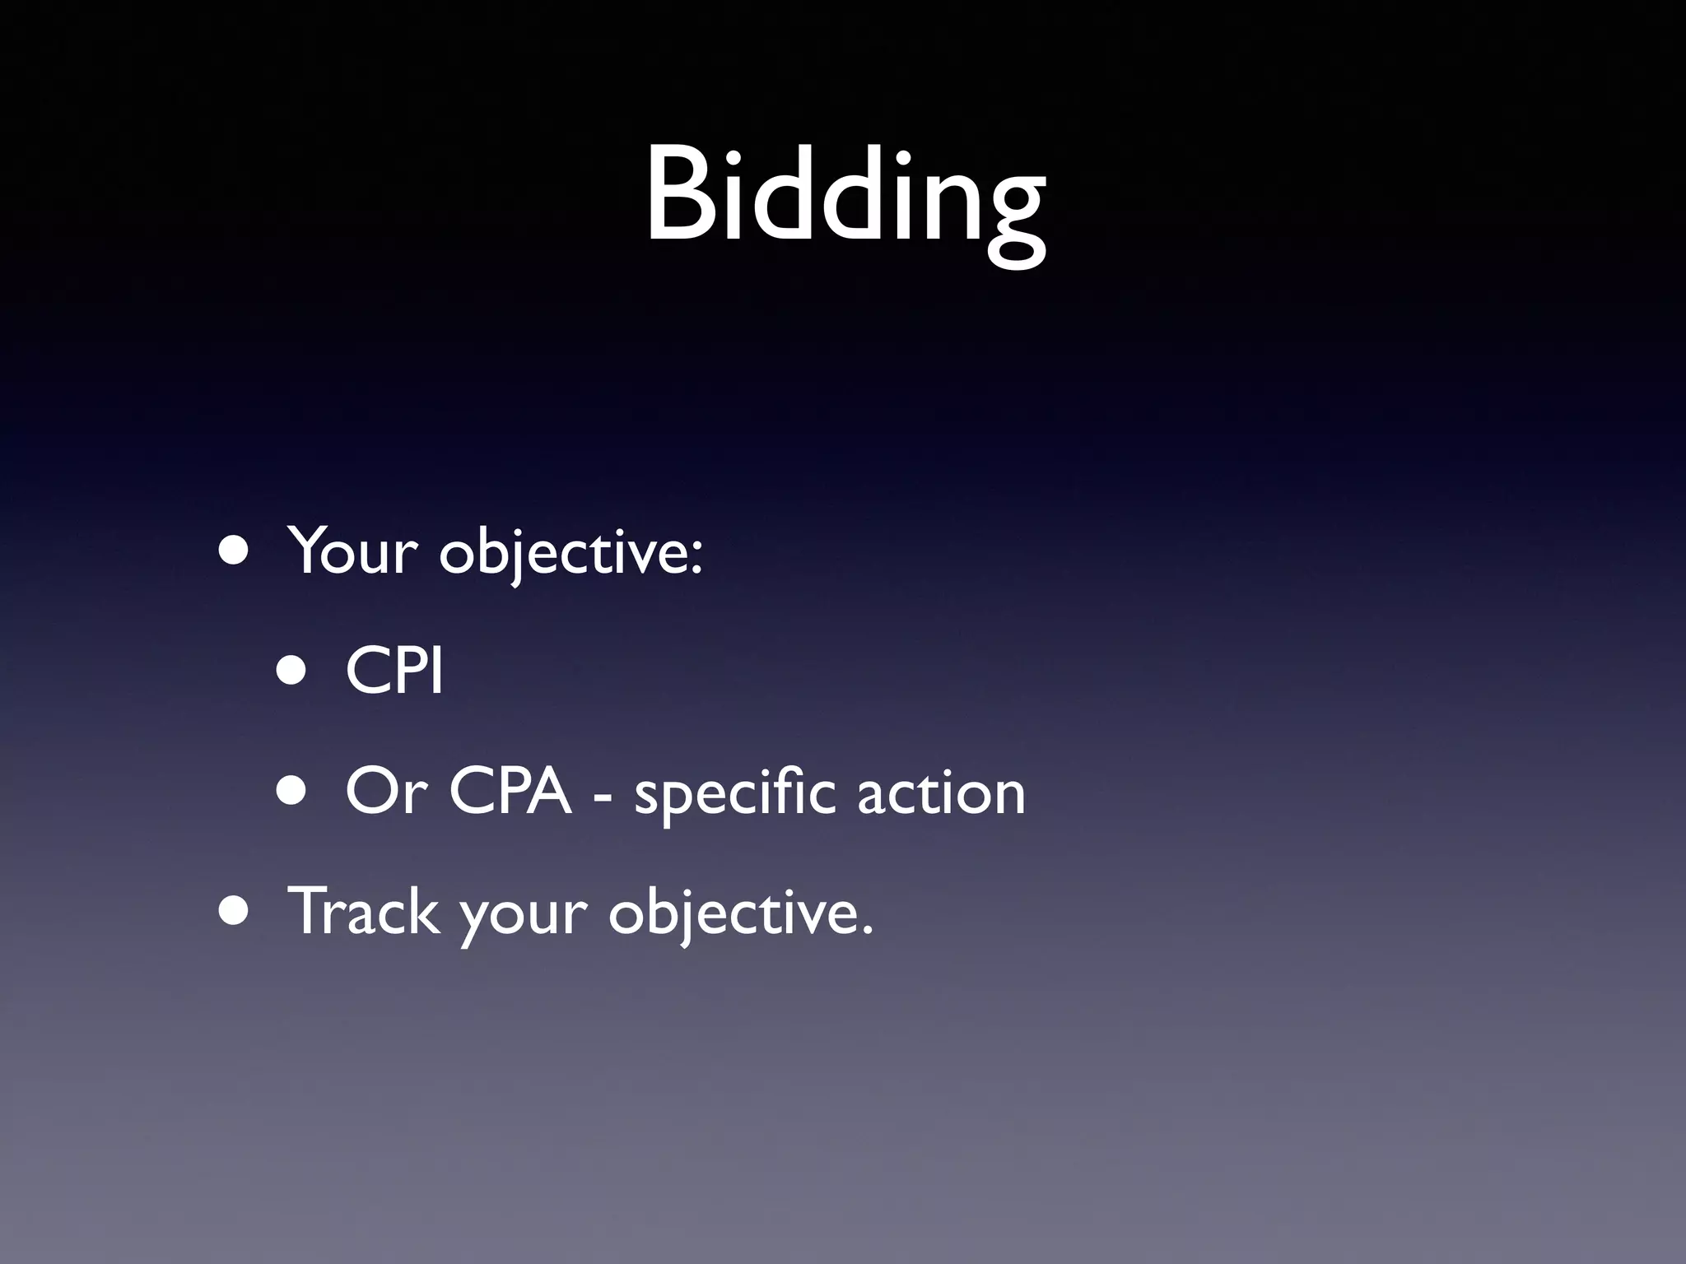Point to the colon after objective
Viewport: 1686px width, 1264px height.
point(696,558)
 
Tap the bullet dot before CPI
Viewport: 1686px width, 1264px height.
point(291,671)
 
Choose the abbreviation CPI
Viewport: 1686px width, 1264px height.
point(394,671)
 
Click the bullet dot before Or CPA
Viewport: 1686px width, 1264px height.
point(291,792)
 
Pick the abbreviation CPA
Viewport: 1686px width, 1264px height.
point(510,792)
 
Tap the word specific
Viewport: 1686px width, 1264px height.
point(734,793)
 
